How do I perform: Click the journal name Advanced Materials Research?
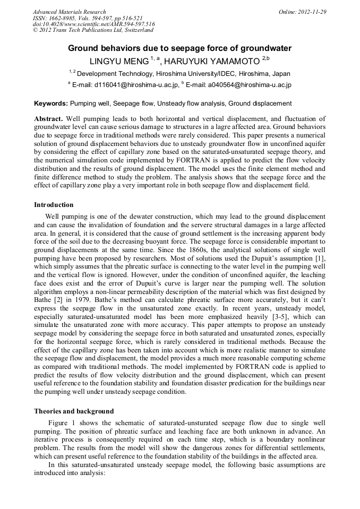point(70,12)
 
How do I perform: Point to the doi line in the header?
point(94,24)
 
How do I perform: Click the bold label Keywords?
point(50,103)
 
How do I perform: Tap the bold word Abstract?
point(48,118)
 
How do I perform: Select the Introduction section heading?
point(54,204)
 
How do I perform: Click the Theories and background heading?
point(74,411)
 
